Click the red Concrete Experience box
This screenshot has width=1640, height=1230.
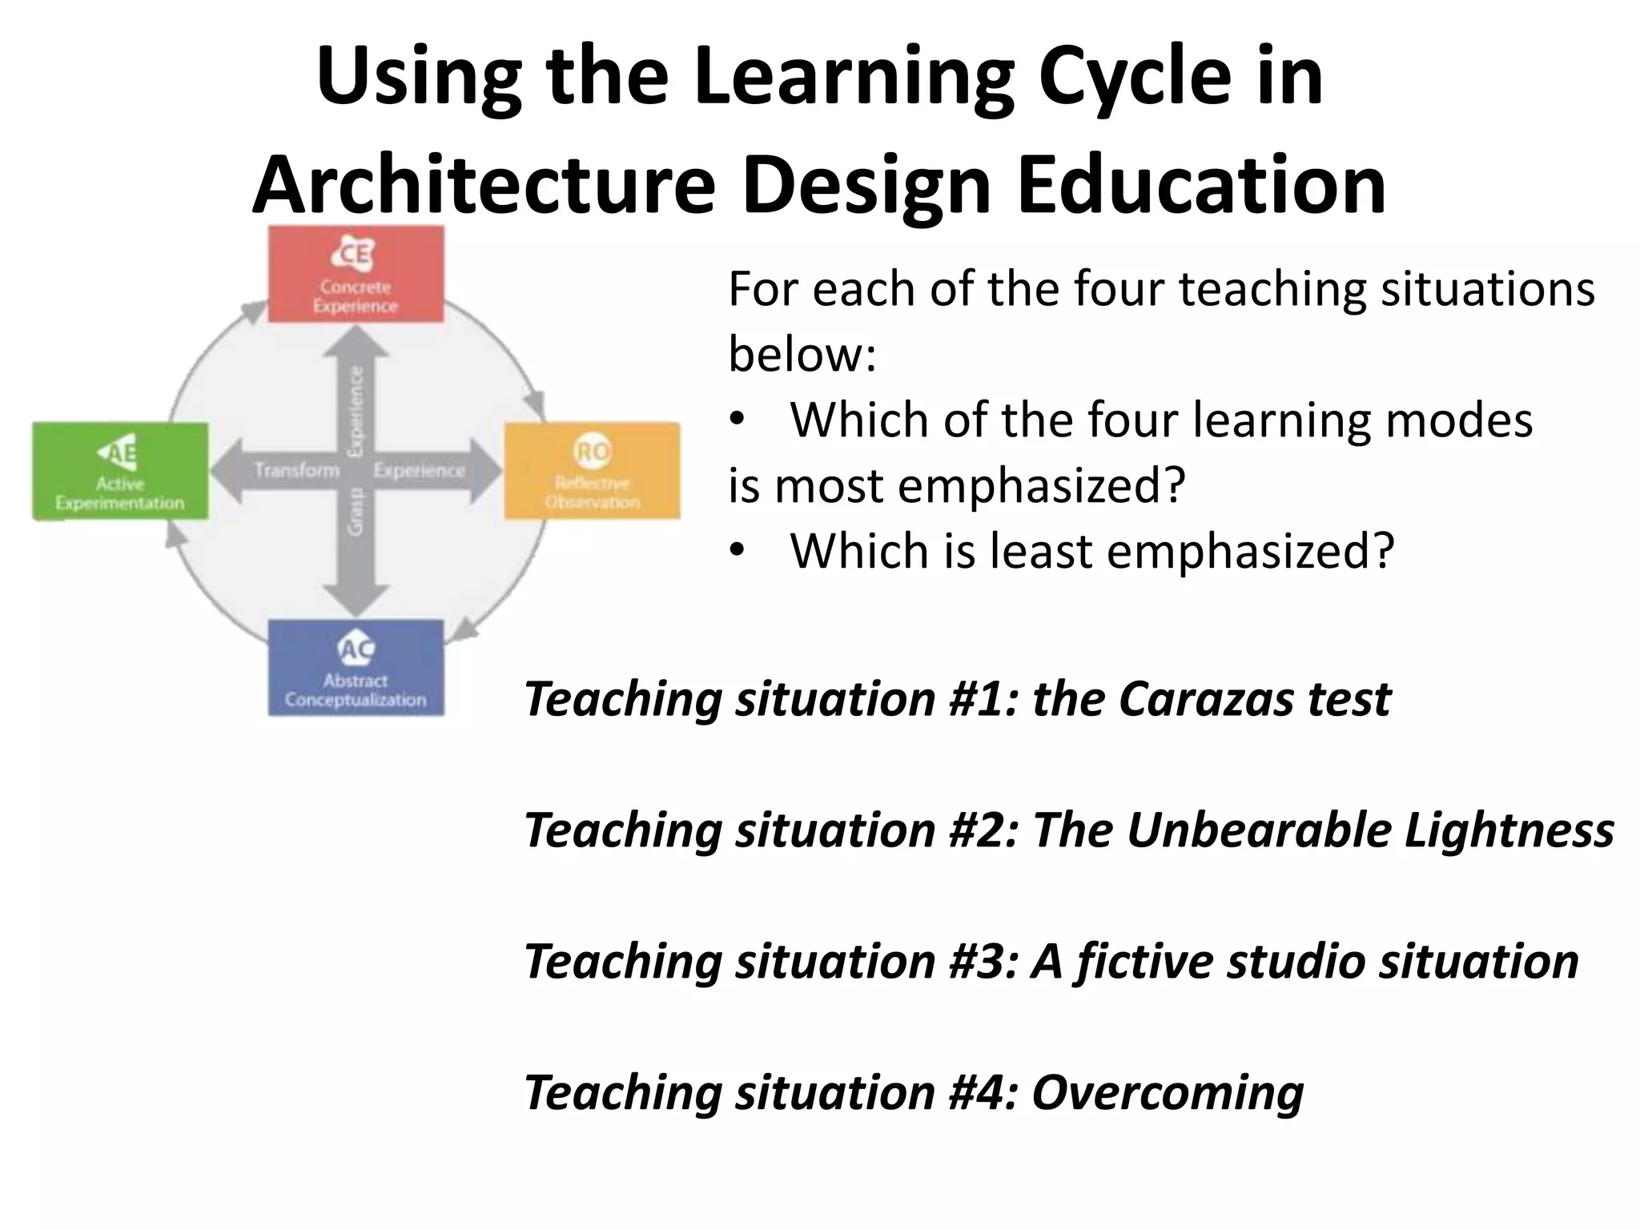(356, 275)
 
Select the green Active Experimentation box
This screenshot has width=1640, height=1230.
(120, 472)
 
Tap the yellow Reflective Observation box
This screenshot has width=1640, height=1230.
(592, 472)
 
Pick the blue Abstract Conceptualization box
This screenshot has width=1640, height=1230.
(356, 668)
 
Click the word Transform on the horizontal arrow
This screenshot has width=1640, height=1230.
(297, 470)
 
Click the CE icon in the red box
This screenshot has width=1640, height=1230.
(353, 254)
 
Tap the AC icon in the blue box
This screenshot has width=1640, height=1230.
(356, 649)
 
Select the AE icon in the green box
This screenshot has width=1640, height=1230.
(119, 452)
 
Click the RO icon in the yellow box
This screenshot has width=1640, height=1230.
(592, 452)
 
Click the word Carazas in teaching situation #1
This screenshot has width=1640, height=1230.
(1206, 699)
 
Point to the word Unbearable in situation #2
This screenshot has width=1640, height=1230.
(1259, 830)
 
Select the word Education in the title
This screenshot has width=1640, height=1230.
(1201, 185)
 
